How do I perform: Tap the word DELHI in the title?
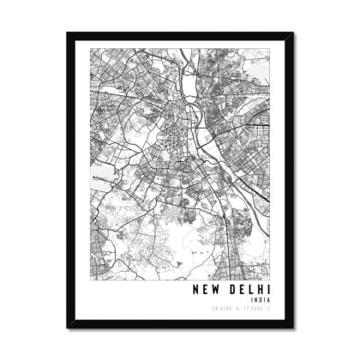coord(249,289)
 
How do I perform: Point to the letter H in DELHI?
coord(260,289)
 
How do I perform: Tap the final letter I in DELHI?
coord(267,289)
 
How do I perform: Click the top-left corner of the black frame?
coord(67,33)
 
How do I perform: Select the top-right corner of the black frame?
coord(293,33)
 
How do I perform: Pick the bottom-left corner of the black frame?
coord(67,328)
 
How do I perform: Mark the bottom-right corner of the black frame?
coord(293,328)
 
